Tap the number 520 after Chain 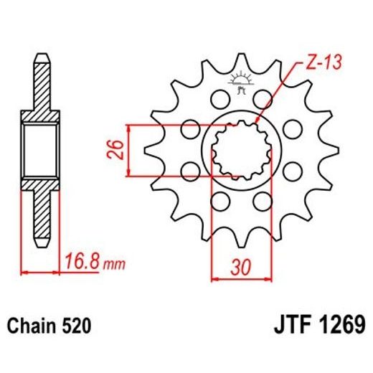click(x=76, y=326)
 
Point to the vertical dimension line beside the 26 click(x=128, y=149)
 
